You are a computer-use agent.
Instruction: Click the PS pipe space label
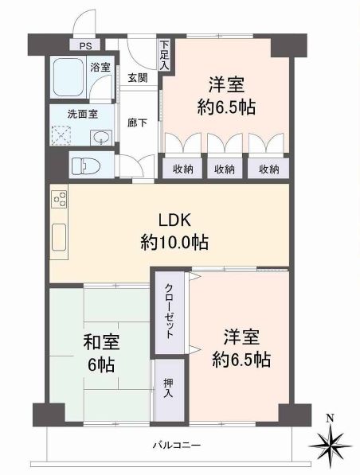pyautogui.click(x=85, y=46)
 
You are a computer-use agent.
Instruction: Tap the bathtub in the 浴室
pyautogui.click(x=68, y=76)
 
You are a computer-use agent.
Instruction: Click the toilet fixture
pyautogui.click(x=86, y=166)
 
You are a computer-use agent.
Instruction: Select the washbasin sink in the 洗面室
pyautogui.click(x=101, y=138)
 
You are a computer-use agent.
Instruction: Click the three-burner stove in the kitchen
pyautogui.click(x=60, y=199)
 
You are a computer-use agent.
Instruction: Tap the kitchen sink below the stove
pyautogui.click(x=59, y=237)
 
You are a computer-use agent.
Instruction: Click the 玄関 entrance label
pyautogui.click(x=137, y=78)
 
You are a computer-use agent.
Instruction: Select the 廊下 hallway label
pyautogui.click(x=137, y=123)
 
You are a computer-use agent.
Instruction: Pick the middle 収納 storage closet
pyautogui.click(x=225, y=169)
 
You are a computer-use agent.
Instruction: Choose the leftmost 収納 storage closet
pyautogui.click(x=183, y=169)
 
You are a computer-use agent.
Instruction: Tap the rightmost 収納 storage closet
pyautogui.click(x=269, y=169)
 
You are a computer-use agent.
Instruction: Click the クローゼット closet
pyautogui.click(x=170, y=312)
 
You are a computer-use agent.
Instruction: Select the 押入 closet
pyautogui.click(x=168, y=389)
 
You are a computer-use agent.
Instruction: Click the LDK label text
pyautogui.click(x=174, y=220)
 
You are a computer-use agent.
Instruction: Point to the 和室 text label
pyautogui.click(x=101, y=341)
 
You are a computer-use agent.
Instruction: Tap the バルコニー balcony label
pyautogui.click(x=176, y=445)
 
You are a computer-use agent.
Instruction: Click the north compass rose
pyautogui.click(x=331, y=446)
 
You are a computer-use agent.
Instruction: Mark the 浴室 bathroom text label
pyautogui.click(x=100, y=68)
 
